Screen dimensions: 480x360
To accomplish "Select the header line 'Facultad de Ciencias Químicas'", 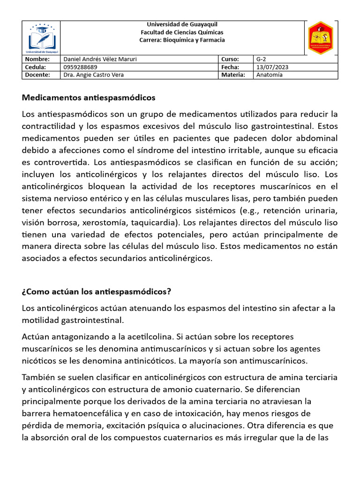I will (182, 32).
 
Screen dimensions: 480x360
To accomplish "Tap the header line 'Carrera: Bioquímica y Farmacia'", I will (182, 40).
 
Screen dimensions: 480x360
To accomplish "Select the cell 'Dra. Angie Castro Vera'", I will (93, 75).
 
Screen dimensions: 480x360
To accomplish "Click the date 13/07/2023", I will (272, 67).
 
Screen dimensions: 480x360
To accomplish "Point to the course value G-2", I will (261, 60).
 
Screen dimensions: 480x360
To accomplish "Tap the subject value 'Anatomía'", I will (270, 75).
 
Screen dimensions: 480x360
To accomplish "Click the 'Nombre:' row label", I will (37, 60).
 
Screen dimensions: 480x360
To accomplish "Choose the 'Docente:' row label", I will (37, 75).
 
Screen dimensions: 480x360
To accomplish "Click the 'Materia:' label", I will (233, 75).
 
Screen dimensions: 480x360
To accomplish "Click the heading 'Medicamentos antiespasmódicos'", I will (88, 98).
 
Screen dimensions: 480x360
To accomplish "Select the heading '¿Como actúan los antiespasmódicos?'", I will (97, 292).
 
